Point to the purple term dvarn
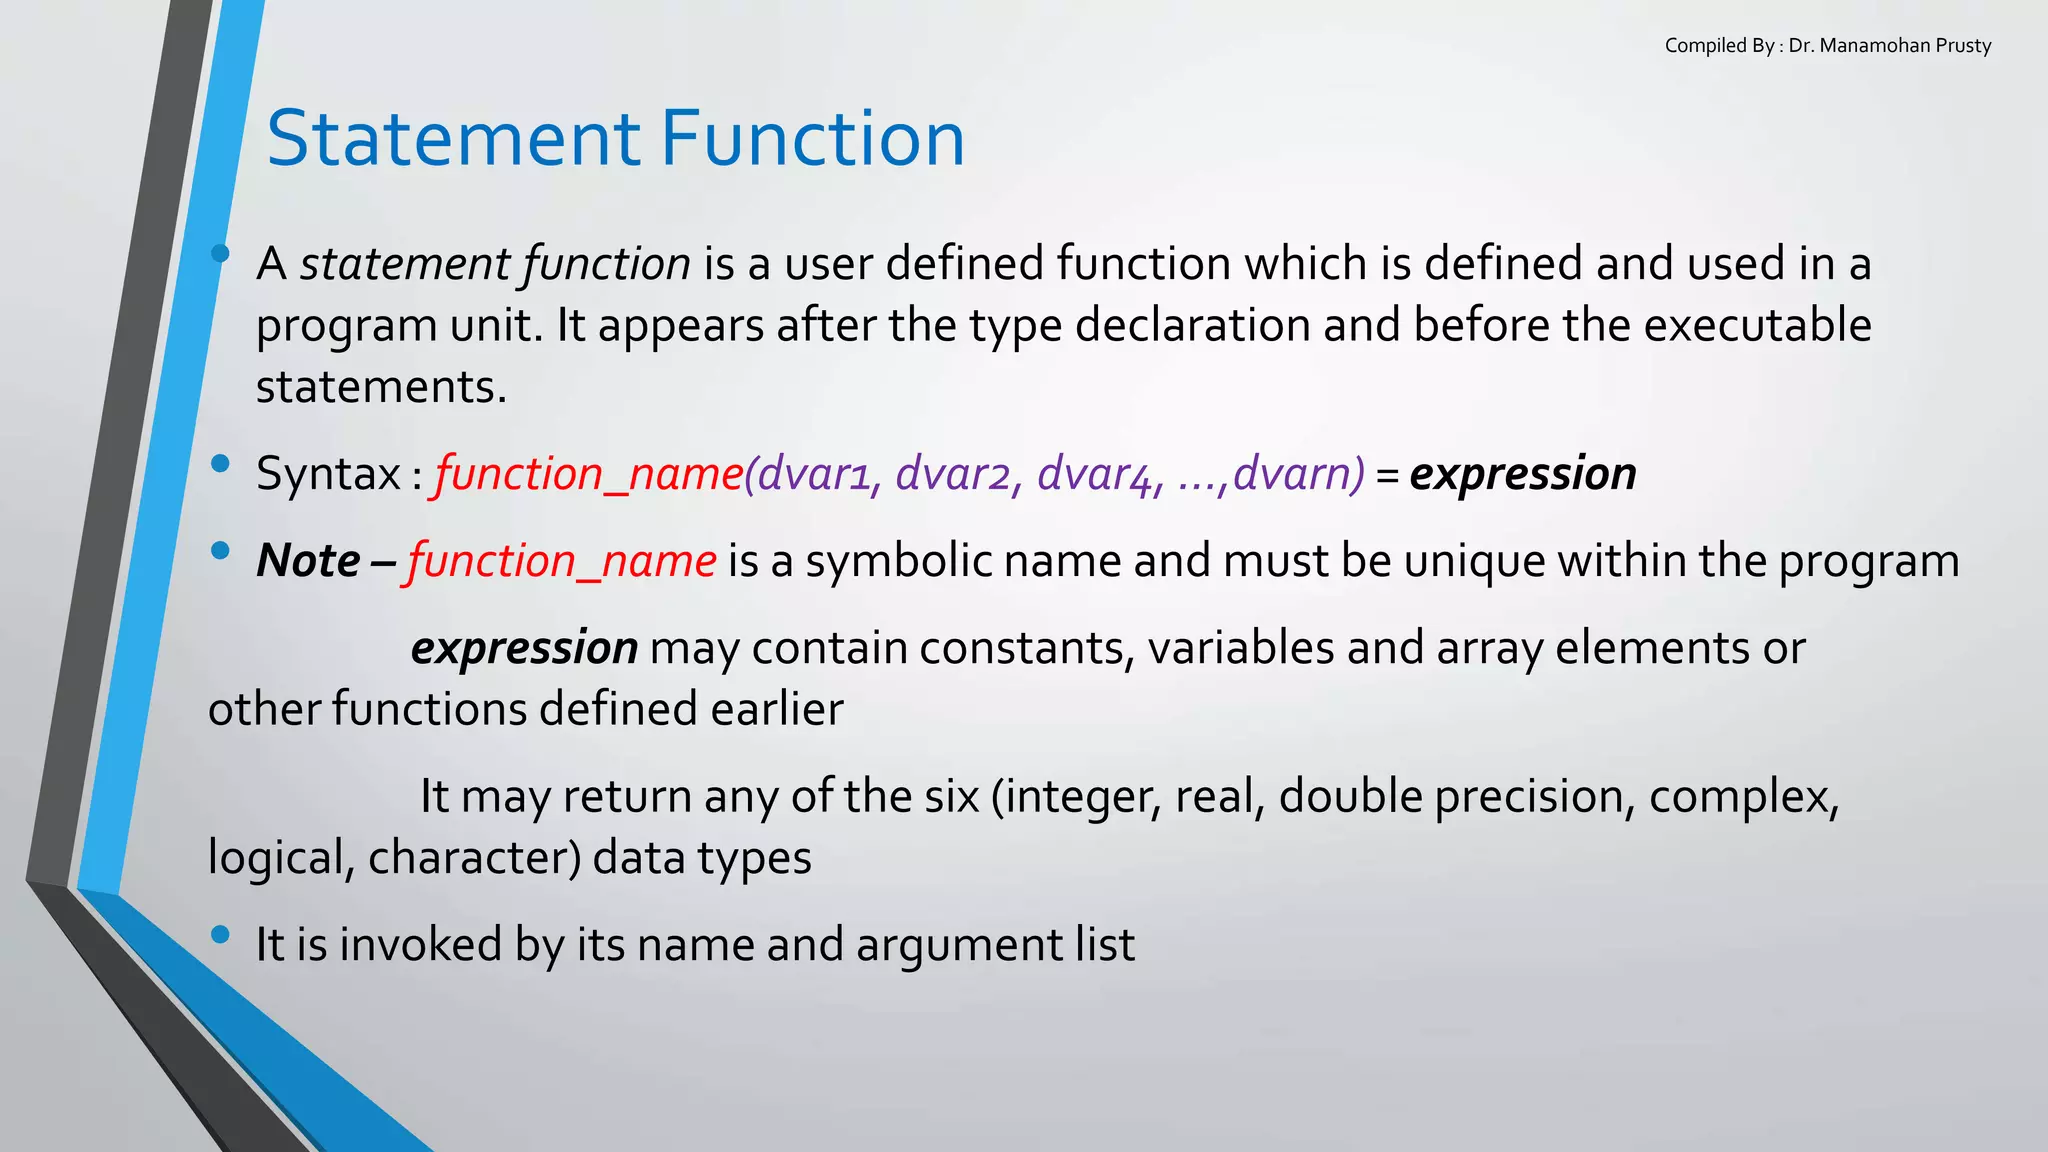click(1298, 473)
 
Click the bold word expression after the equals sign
click(1522, 473)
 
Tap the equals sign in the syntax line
click(1386, 476)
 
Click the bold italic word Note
click(308, 561)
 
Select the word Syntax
click(328, 474)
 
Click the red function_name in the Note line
click(561, 561)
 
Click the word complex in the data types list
click(1742, 797)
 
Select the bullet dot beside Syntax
click(221, 463)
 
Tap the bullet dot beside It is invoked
click(221, 935)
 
